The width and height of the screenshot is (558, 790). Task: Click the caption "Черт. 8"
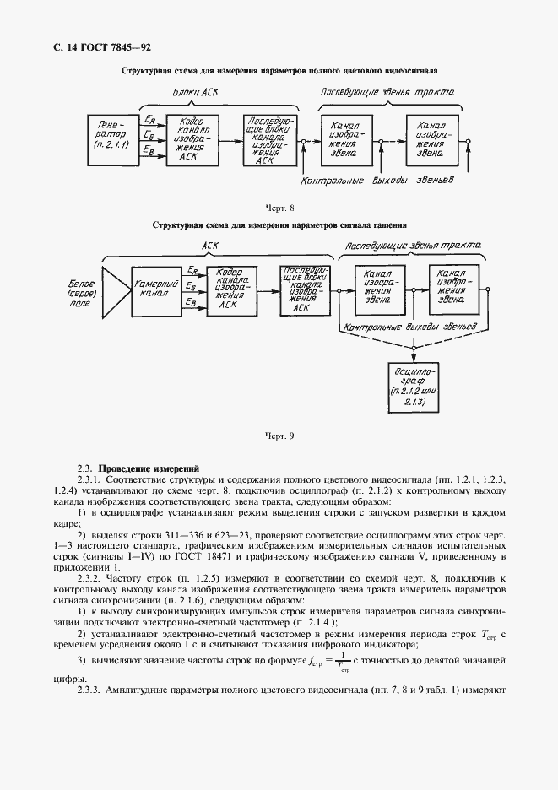pyautogui.click(x=279, y=208)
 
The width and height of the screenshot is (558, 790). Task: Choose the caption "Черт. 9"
pyautogui.click(x=279, y=436)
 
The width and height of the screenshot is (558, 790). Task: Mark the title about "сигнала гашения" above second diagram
pyautogui.click(x=279, y=226)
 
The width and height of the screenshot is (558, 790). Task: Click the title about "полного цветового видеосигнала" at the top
pyautogui.click(x=279, y=73)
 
